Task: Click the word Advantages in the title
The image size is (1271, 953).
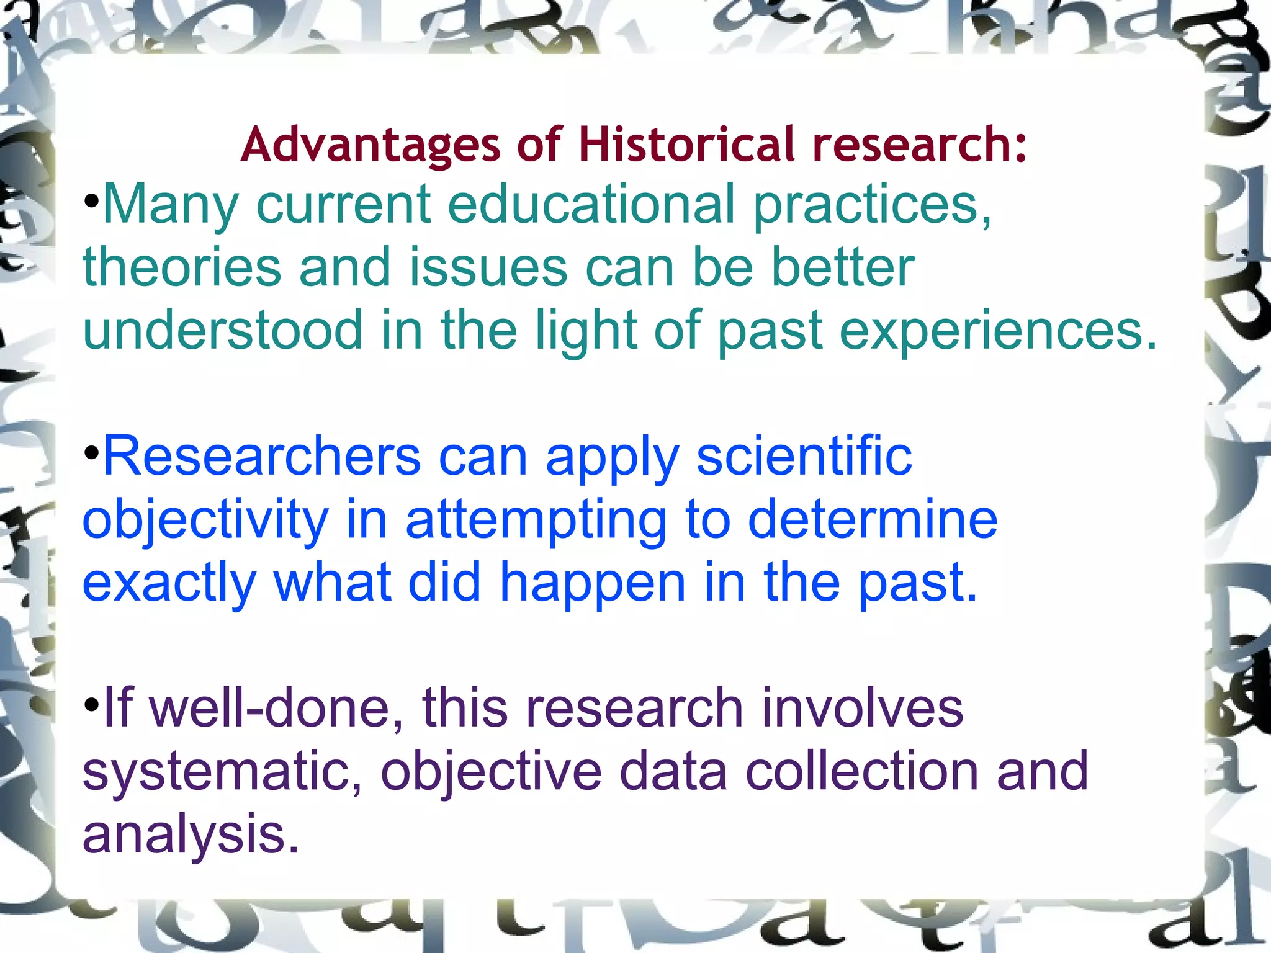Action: click(370, 145)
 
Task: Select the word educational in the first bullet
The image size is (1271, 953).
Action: click(591, 205)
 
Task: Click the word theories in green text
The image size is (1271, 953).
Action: click(182, 267)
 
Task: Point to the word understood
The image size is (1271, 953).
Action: click(222, 330)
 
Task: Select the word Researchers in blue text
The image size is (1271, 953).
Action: click(261, 456)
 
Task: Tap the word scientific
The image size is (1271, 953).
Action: click(804, 456)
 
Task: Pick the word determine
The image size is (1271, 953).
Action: click(873, 519)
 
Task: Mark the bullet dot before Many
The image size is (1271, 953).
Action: click(91, 202)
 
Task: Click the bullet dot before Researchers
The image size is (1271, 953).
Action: click(91, 454)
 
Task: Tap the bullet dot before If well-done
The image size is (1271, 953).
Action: click(91, 705)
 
